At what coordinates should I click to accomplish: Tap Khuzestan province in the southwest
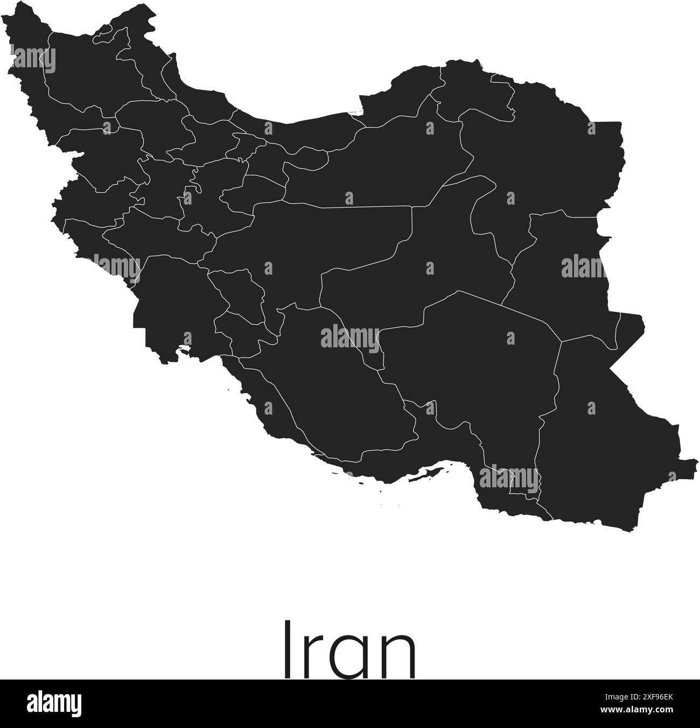(x=167, y=307)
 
